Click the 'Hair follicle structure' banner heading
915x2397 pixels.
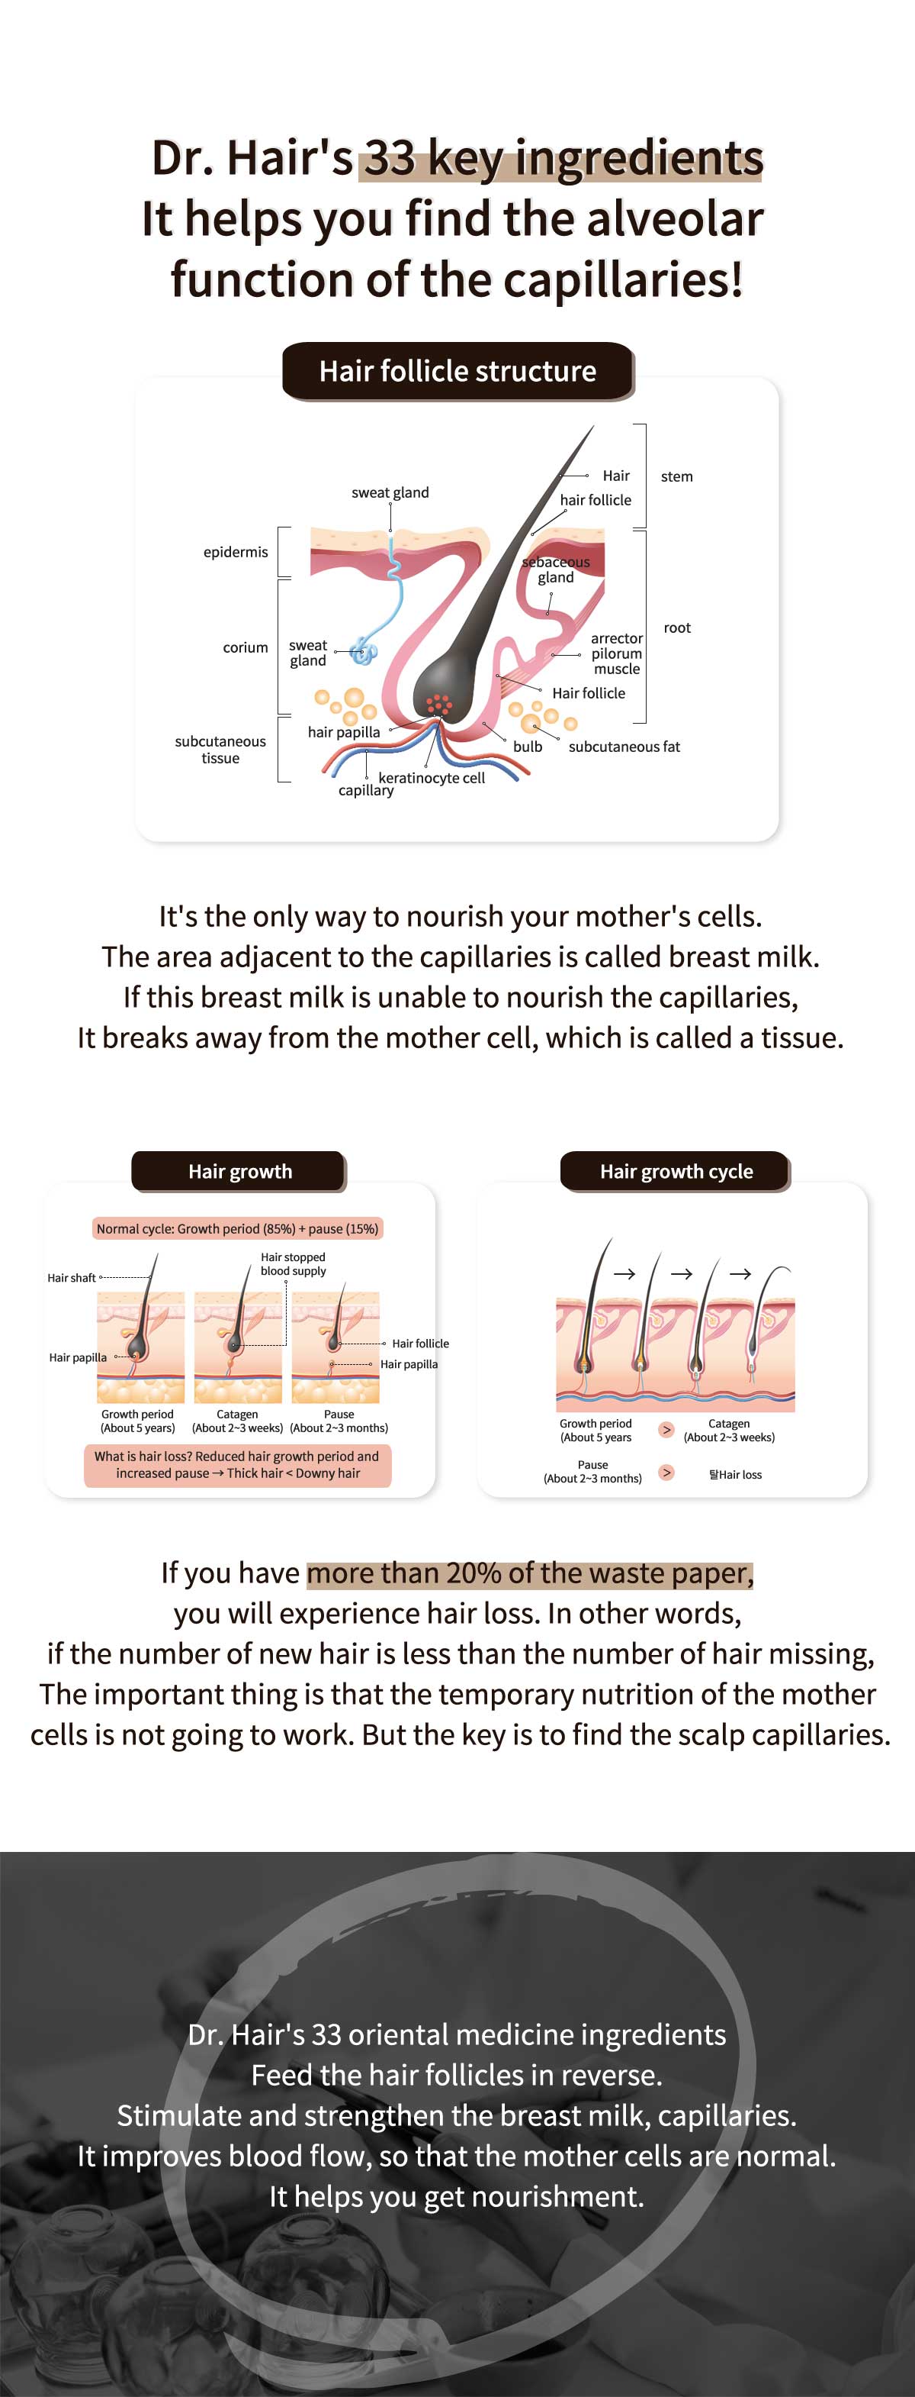[457, 371]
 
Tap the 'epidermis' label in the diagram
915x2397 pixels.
[236, 552]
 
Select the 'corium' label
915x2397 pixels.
[246, 647]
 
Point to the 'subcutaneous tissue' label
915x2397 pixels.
[220, 749]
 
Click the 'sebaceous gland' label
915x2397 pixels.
[556, 569]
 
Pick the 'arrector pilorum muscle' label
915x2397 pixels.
[617, 653]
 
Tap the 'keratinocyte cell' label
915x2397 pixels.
[432, 778]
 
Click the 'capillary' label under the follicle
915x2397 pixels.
[365, 791]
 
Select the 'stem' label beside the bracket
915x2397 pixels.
[677, 476]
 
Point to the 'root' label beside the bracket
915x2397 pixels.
[677, 628]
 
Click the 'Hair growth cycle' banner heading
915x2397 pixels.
[676, 1172]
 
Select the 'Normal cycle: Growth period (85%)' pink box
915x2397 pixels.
[237, 1228]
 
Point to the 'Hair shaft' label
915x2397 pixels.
[72, 1278]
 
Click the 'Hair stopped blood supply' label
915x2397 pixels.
[293, 1263]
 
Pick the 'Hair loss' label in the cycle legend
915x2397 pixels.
[736, 1475]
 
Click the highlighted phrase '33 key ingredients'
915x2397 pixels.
[563, 158]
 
